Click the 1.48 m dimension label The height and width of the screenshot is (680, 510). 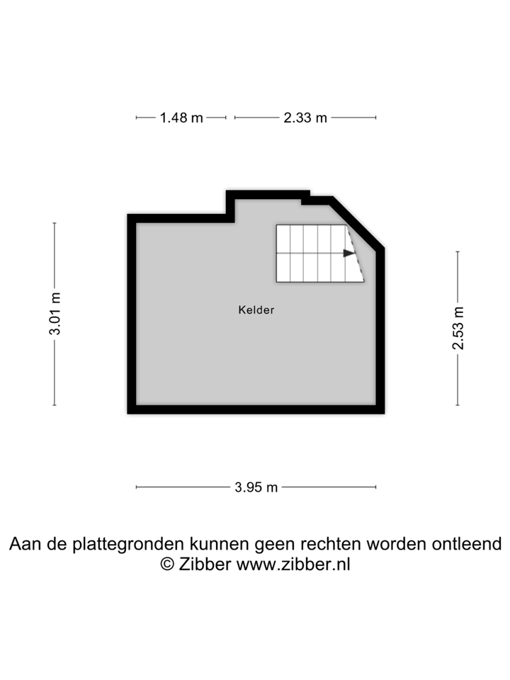pos(181,118)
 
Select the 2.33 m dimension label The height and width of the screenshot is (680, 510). pos(305,118)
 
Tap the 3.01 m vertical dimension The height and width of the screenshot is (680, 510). pos(55,314)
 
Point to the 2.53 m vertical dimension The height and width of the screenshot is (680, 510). pos(458,328)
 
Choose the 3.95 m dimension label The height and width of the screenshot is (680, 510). pos(256,487)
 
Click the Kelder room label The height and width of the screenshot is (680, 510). pos(256,310)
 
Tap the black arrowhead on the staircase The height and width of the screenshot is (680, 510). pos(349,253)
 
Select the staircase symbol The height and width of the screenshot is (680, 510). pos(320,254)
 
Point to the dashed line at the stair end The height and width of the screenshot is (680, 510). pos(356,254)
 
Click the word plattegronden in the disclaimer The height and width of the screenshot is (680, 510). pos(128,544)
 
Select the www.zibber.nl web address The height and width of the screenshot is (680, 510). pos(293,565)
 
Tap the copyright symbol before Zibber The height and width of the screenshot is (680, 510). pos(167,565)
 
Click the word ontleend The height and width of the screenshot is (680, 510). pos(467,543)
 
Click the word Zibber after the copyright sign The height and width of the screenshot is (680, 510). pos(205,565)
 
